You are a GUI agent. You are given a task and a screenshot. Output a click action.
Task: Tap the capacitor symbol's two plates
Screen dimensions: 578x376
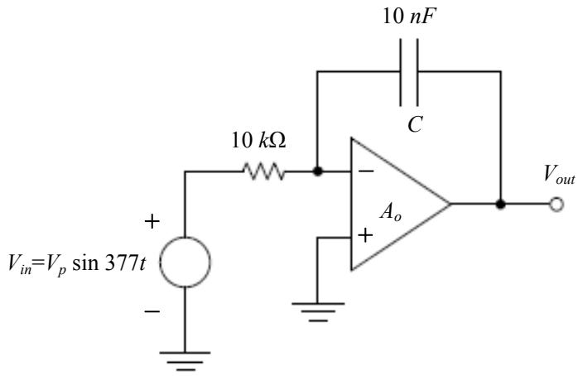pos(409,72)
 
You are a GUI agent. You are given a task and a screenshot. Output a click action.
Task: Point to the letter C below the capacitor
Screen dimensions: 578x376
pos(415,124)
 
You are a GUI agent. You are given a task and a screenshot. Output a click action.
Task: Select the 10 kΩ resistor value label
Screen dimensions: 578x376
pos(258,141)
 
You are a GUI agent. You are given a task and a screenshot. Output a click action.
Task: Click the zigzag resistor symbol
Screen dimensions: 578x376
pos(263,171)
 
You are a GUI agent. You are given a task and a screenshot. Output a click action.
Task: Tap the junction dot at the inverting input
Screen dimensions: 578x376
pos(317,171)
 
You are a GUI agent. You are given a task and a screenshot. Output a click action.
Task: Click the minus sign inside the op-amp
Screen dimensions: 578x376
pos(366,171)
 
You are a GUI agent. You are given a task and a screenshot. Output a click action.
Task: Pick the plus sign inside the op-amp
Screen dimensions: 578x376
pos(365,235)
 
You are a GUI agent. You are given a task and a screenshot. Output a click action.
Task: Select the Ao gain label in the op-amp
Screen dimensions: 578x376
pos(391,213)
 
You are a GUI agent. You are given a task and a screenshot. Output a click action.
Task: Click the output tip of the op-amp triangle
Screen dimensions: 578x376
pos(450,204)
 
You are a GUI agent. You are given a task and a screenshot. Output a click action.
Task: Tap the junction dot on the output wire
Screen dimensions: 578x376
pos(500,204)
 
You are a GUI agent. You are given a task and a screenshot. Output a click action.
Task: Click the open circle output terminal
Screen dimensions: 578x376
pos(556,205)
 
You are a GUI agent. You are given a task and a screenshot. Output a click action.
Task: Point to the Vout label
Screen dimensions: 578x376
pos(559,175)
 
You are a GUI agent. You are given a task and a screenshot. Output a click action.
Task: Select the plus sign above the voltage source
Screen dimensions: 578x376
pos(152,222)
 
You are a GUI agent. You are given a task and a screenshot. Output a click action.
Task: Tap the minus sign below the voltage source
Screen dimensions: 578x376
pos(152,312)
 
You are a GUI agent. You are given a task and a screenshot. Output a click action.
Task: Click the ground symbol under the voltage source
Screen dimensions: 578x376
pos(185,361)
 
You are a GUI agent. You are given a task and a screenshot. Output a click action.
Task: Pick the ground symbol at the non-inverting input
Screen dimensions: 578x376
pos(318,312)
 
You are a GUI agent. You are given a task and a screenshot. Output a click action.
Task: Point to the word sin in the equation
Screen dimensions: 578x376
pos(86,263)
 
